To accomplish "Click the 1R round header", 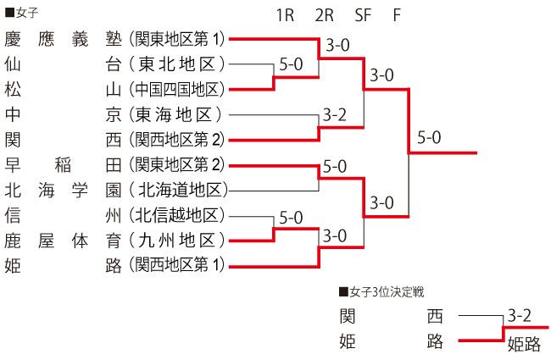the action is pyautogui.click(x=285, y=15).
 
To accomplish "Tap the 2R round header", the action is pyautogui.click(x=325, y=15).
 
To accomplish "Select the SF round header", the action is pyautogui.click(x=363, y=15).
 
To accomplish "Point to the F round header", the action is pyautogui.click(x=397, y=15).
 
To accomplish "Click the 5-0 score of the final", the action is pyautogui.click(x=429, y=137).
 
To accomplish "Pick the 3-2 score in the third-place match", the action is pyautogui.click(x=519, y=315).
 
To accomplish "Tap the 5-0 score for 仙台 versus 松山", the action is pyautogui.click(x=291, y=64).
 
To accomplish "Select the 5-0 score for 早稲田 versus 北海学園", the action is pyautogui.click(x=335, y=166).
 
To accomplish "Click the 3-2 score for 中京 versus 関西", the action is pyautogui.click(x=335, y=115).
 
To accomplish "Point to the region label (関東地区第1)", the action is pyautogui.click(x=177, y=39).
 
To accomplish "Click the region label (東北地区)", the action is pyautogui.click(x=177, y=64).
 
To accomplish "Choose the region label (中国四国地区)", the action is pyautogui.click(x=177, y=90).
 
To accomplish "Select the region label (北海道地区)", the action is pyautogui.click(x=178, y=191).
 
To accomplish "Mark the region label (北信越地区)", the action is pyautogui.click(x=177, y=215).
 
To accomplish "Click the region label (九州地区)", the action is pyautogui.click(x=177, y=241).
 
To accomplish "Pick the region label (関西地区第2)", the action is pyautogui.click(x=177, y=140).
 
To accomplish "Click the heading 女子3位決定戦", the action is pyautogui.click(x=382, y=292).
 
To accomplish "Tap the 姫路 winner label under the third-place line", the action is pyautogui.click(x=524, y=344).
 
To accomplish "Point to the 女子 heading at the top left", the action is pyautogui.click(x=22, y=13).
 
